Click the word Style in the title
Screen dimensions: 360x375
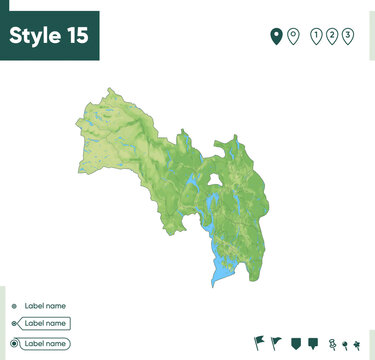[37, 36]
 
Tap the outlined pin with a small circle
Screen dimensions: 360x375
[293, 36]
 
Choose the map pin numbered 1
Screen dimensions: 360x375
[316, 36]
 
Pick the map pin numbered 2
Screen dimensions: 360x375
[332, 36]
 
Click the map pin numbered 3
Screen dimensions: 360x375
[347, 36]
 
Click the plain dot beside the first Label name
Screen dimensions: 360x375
[13, 306]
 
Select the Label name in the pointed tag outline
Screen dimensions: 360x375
[45, 324]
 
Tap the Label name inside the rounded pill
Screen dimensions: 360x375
[45, 343]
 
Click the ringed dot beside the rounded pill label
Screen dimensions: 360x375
[13, 343]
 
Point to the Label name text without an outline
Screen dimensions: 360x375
[45, 306]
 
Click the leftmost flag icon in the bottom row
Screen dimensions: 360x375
[260, 343]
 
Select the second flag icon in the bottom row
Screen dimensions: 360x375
[277, 343]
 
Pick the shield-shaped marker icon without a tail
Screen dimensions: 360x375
[295, 344]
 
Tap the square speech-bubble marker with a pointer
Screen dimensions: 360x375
[312, 344]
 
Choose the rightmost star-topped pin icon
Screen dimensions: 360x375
[357, 345]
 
